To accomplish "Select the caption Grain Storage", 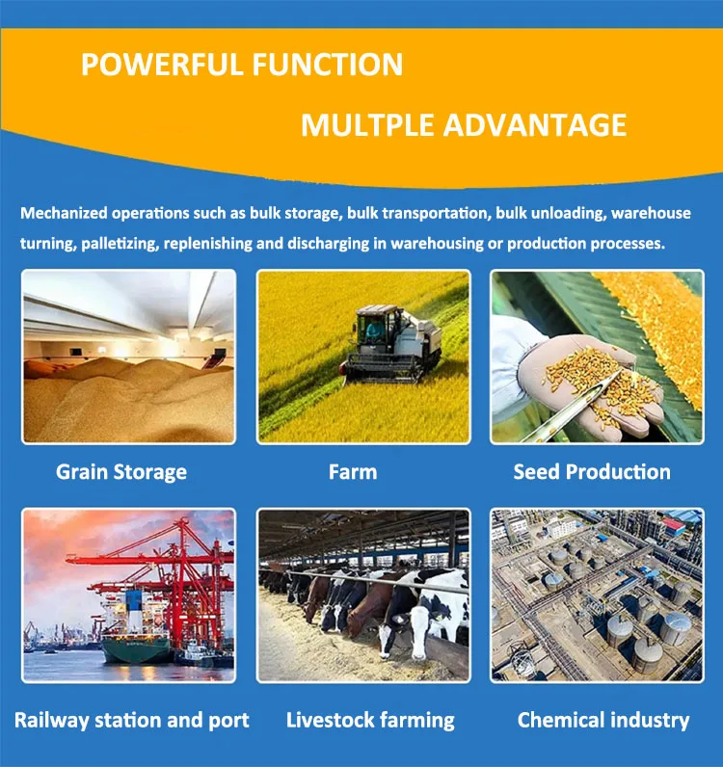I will click(x=121, y=472).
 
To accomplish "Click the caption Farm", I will click(x=352, y=472).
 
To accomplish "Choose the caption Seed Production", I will click(x=592, y=472).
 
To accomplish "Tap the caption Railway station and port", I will click(x=132, y=720).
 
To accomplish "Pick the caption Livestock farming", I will click(x=370, y=720).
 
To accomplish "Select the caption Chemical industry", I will click(x=603, y=720).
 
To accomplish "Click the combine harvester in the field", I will click(x=390, y=342).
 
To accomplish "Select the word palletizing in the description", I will click(x=119, y=243).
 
